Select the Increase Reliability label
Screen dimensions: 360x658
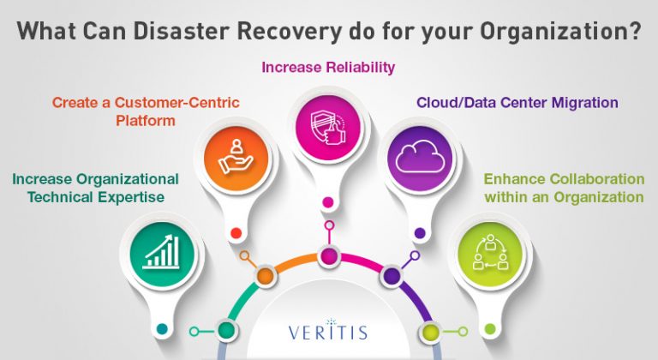(x=328, y=65)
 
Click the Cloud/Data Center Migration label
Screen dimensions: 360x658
(x=517, y=102)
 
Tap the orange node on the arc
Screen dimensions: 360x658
(x=265, y=276)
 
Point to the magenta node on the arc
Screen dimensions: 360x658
(x=329, y=256)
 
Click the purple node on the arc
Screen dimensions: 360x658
(x=392, y=276)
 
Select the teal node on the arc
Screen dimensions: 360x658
(x=227, y=330)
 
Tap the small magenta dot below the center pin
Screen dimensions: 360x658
(x=327, y=203)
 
